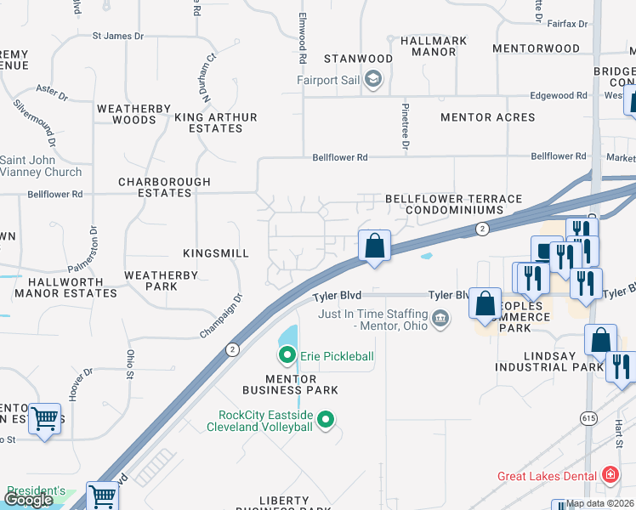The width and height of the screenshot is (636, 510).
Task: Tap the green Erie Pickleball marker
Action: coord(287,355)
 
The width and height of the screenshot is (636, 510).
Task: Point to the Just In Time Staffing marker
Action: coord(440,320)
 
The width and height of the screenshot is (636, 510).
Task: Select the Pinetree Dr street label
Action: coord(406,127)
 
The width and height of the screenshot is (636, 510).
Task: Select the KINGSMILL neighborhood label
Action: coord(216,253)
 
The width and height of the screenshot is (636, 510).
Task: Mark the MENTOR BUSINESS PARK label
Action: coord(290,384)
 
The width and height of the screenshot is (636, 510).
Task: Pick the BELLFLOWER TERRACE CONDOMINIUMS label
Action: coord(453,204)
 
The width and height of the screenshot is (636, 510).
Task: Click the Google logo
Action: coord(28,500)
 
